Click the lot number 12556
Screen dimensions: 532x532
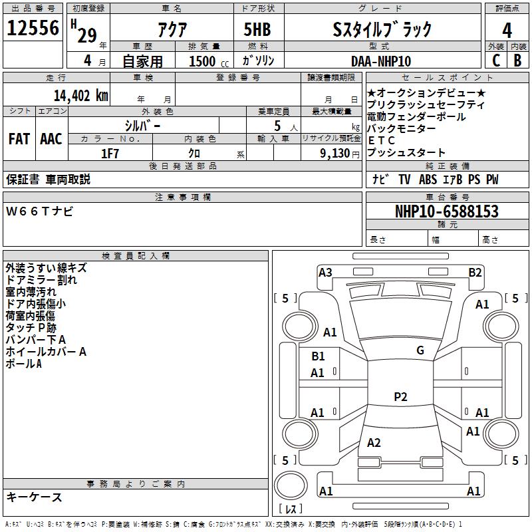33,29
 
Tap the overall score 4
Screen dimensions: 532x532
507,30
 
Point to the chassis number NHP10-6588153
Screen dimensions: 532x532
446,211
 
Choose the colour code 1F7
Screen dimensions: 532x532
110,154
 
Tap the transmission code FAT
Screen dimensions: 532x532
19,139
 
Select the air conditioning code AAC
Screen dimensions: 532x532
51,139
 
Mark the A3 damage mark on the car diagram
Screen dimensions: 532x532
325,272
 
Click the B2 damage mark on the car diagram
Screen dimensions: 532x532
475,272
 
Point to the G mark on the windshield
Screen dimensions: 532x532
420,350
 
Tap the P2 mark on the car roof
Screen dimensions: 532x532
400,397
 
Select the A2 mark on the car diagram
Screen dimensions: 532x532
374,443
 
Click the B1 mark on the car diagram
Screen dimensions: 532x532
318,356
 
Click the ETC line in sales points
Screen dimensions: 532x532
382,140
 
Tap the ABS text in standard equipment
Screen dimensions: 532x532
428,180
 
